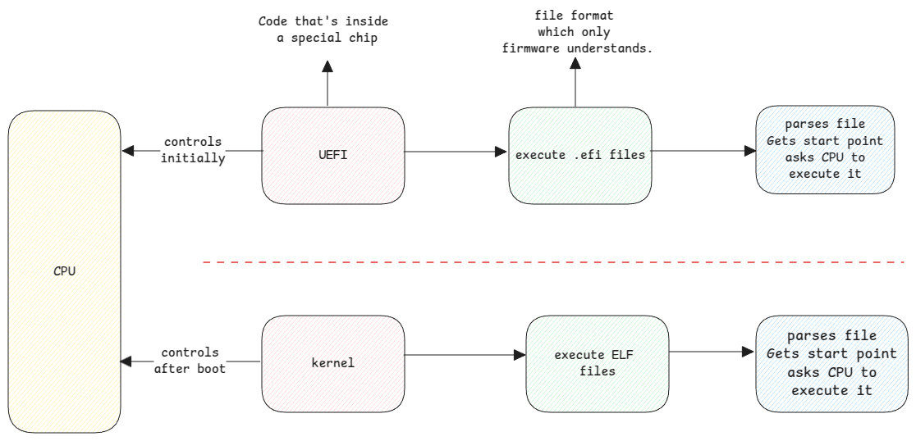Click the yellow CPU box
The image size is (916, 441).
point(64,271)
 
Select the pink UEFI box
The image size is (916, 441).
point(333,154)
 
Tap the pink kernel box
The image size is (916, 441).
point(333,362)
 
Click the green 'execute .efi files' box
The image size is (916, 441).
point(579,154)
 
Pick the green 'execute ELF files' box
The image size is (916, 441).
point(597,363)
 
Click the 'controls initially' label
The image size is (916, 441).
point(193,151)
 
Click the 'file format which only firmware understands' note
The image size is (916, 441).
point(577,34)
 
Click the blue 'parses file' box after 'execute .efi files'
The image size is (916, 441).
point(825,149)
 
